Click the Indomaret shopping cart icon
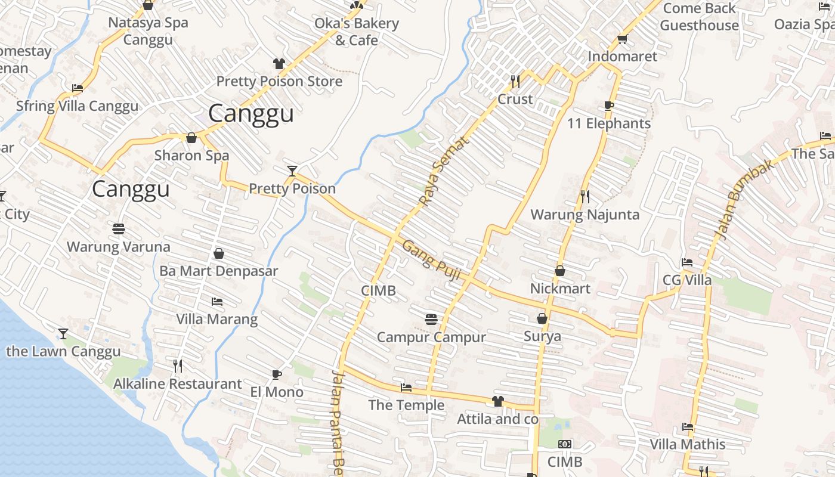622,39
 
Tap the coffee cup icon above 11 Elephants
608,106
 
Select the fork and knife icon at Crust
515,81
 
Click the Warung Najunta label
584,215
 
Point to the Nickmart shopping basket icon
560,271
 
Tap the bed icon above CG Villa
687,262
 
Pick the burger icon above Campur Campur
431,320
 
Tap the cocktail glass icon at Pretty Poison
292,171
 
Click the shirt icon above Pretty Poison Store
279,63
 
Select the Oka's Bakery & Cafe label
357,32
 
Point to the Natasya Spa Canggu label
148,31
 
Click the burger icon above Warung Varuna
118,229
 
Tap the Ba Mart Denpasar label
218,271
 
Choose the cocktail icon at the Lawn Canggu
63,333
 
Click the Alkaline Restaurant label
178,383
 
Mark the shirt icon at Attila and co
497,401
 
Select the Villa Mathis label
687,444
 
